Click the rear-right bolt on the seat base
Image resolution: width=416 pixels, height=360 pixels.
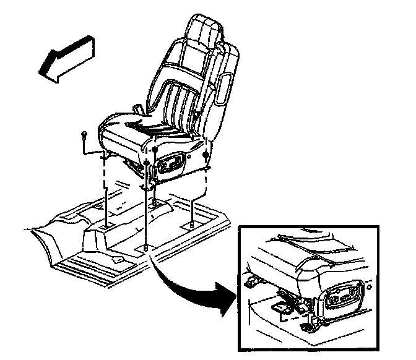[206, 152]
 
